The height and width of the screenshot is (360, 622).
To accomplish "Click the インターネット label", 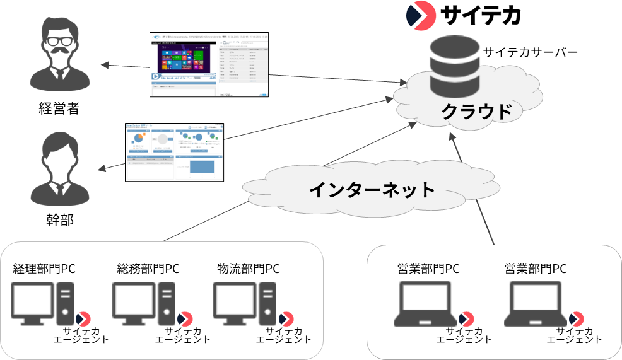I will pos(372,188).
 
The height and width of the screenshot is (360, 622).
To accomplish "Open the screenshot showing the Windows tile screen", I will pos(209,64).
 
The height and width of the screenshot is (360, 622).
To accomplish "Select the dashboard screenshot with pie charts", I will pos(175,152).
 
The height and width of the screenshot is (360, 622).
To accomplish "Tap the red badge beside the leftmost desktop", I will pos(83,319).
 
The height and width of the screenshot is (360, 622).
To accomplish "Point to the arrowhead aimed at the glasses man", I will pos(104,64).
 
